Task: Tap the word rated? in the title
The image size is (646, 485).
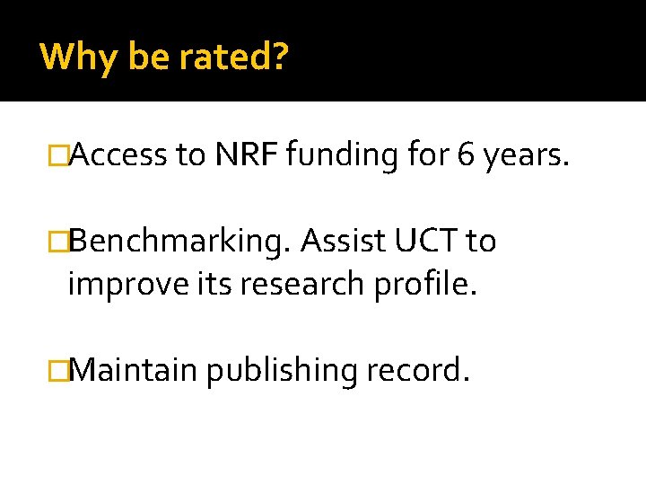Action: click(x=233, y=57)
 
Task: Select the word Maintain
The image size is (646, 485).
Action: click(x=132, y=369)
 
